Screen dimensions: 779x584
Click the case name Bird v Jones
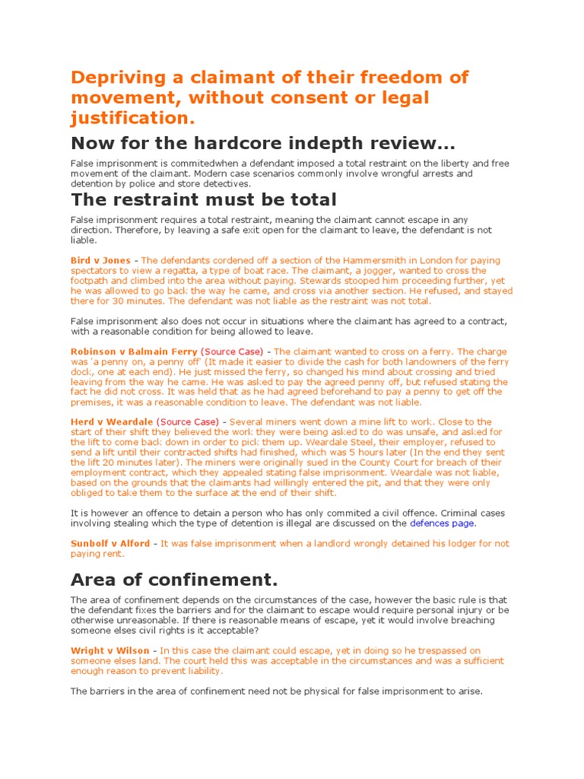[100, 260]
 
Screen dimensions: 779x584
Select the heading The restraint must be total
[203, 200]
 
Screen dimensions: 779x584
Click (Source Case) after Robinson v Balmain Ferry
[233, 351]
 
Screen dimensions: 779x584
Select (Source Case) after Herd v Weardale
[187, 421]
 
